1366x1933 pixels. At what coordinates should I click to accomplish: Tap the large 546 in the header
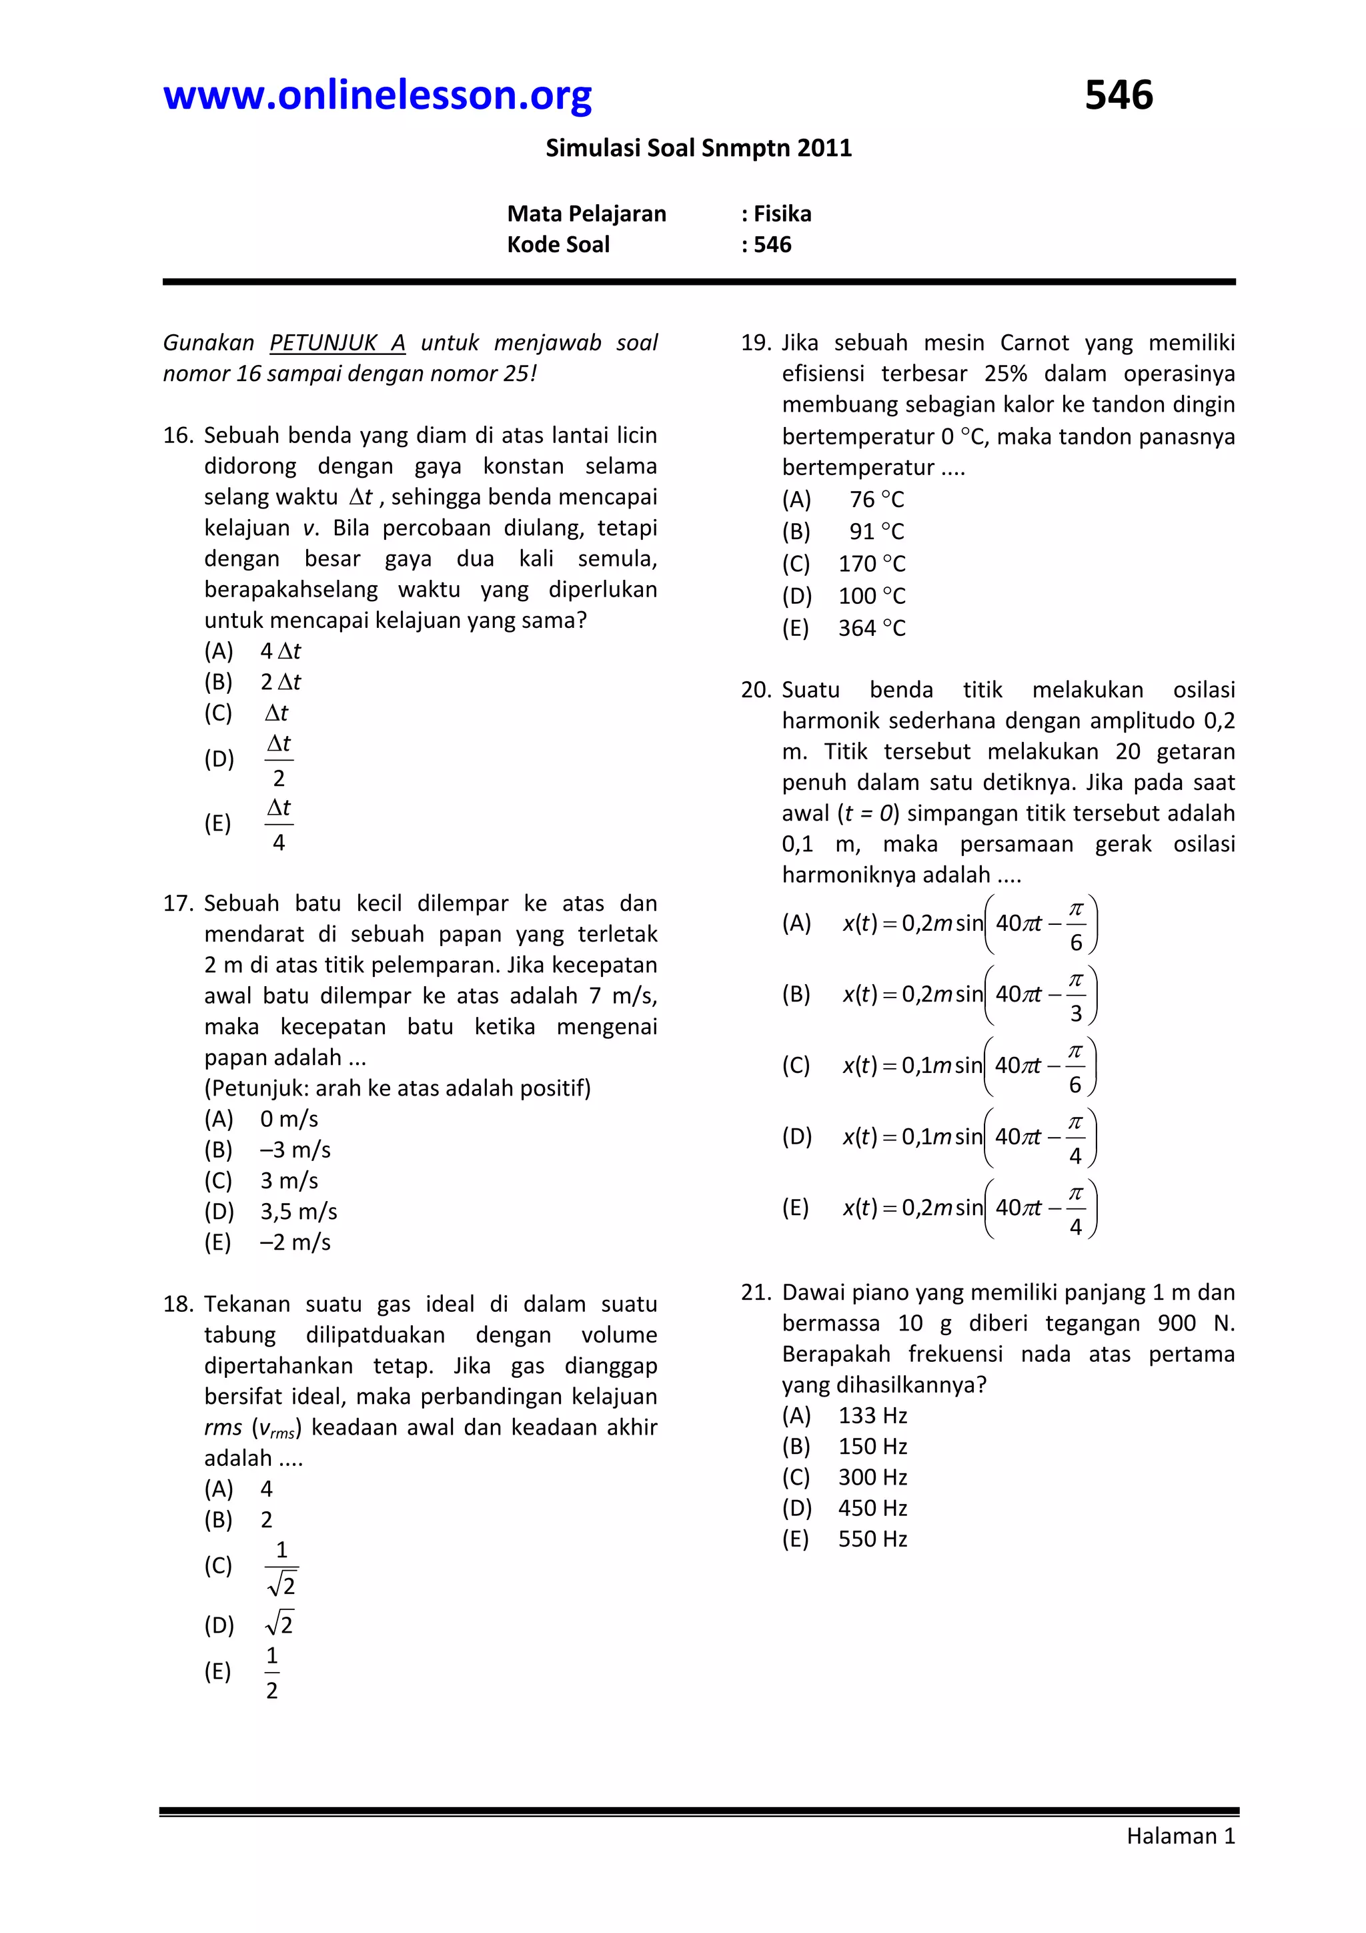[x=1118, y=95]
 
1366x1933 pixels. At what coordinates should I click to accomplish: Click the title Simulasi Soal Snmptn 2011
[x=698, y=148]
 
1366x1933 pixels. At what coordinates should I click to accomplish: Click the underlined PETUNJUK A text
[x=337, y=343]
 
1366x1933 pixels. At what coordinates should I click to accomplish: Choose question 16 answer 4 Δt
[x=280, y=651]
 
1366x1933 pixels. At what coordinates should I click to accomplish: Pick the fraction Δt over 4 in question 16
[x=279, y=825]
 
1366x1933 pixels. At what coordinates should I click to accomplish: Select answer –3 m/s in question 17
[x=295, y=1150]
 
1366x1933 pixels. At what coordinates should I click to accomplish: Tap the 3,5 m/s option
[x=298, y=1212]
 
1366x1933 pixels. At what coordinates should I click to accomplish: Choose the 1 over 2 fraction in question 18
[x=272, y=1673]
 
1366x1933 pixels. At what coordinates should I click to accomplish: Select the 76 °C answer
[x=876, y=500]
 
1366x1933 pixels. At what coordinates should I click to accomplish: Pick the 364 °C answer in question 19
[x=871, y=628]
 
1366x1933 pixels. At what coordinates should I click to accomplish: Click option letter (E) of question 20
[x=795, y=1208]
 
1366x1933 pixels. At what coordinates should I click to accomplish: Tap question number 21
[x=755, y=1292]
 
